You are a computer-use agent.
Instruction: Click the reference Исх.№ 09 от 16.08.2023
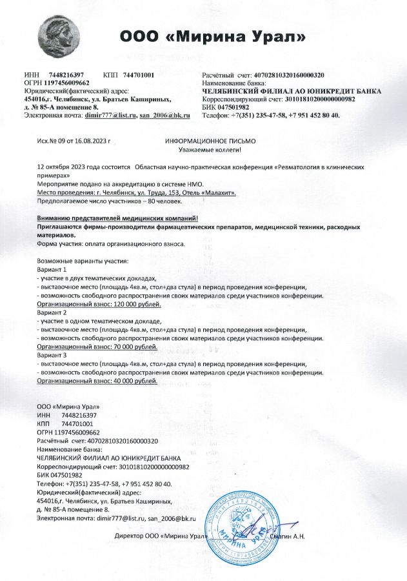(75, 140)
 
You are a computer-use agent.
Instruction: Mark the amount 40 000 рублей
(134, 382)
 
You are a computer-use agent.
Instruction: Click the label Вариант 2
(52, 312)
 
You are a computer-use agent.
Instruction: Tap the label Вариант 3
(52, 355)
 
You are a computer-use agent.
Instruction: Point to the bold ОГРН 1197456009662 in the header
(57, 83)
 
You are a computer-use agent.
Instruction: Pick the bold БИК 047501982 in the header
(226, 107)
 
